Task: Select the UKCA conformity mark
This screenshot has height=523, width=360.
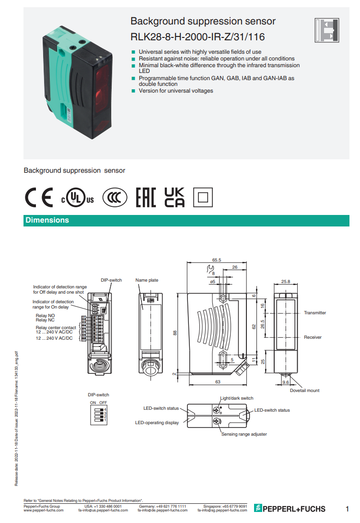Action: [174, 197]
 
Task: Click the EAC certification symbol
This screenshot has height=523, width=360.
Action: [146, 198]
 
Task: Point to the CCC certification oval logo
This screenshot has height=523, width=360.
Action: [115, 198]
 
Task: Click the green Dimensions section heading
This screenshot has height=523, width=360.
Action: [47, 220]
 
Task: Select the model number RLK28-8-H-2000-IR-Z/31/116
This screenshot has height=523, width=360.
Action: [197, 37]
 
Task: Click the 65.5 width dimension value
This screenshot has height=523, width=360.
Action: [217, 260]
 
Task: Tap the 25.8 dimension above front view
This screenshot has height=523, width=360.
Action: [286, 282]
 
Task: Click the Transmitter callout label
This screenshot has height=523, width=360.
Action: [315, 313]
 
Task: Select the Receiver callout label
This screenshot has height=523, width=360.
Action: [313, 337]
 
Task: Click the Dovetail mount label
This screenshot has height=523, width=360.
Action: [304, 391]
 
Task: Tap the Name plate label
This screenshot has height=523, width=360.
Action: [147, 280]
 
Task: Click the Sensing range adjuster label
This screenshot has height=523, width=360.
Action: [244, 434]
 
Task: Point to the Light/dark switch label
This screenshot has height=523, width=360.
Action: [236, 398]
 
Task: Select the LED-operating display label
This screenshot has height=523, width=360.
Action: [157, 423]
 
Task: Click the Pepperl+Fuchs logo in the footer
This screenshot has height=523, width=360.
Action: [290, 509]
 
